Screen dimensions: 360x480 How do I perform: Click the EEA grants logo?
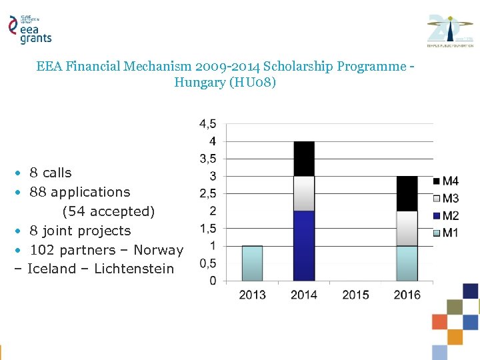click(29, 29)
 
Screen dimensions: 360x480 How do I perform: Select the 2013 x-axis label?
click(252, 295)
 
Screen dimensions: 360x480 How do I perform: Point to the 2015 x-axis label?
click(355, 295)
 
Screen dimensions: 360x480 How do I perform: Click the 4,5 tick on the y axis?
click(207, 124)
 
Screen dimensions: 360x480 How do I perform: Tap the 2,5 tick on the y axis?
click(207, 194)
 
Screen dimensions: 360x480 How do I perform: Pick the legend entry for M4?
click(446, 181)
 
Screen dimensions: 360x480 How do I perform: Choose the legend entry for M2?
click(446, 215)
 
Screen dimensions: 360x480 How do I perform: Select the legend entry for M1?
click(446, 233)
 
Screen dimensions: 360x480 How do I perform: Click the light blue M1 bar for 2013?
click(252, 263)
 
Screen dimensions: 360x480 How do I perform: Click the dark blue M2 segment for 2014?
click(303, 245)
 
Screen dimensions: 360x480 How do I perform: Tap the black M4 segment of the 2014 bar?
click(303, 159)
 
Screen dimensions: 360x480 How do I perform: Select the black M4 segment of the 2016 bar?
click(407, 193)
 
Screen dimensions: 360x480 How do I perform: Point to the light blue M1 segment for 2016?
click(407, 263)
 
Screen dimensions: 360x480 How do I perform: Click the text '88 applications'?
click(80, 192)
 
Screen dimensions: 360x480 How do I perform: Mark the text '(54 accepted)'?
click(108, 211)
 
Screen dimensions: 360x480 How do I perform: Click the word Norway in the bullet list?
click(158, 250)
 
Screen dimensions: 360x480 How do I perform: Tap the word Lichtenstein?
click(134, 269)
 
